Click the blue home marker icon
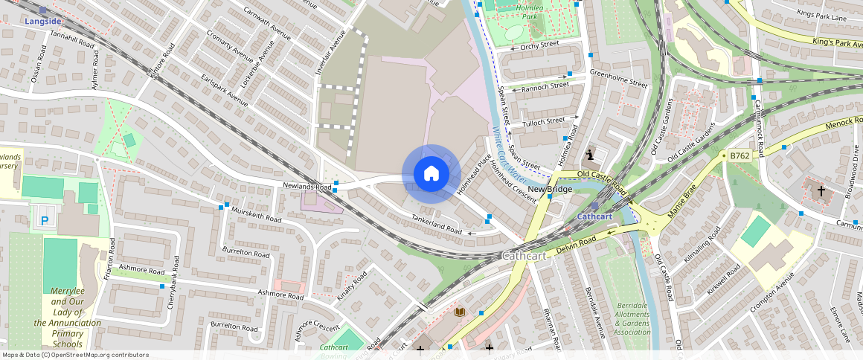click(431, 174)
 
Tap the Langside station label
click(43, 22)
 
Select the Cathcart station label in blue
click(594, 216)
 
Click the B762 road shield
click(739, 156)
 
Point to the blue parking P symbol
click(45, 220)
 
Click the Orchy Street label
click(539, 45)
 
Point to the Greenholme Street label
click(618, 78)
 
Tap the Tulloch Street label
click(543, 122)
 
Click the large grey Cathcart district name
click(525, 255)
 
